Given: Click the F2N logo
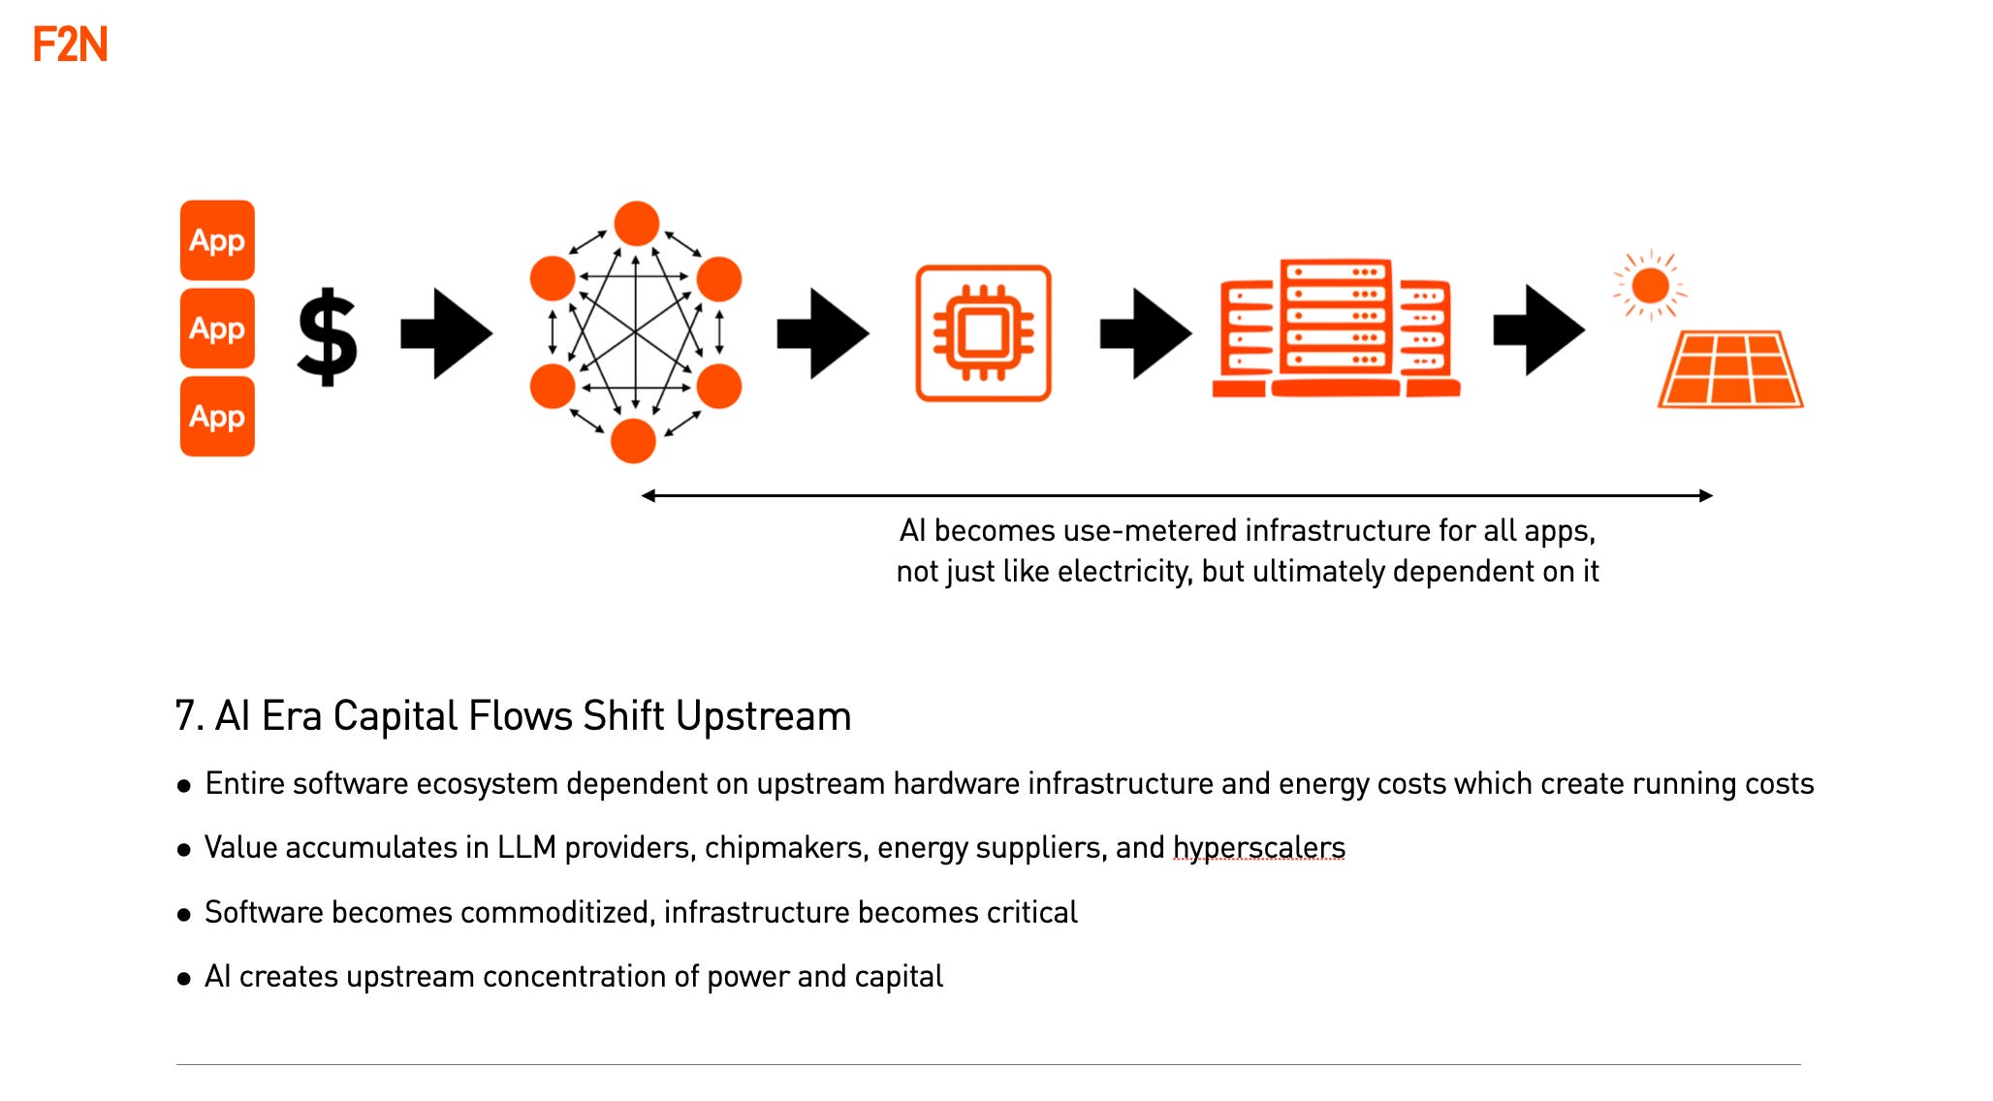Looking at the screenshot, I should [70, 45].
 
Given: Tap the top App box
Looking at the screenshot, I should [217, 240].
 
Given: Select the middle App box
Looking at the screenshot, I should [217, 329].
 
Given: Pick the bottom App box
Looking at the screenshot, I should [217, 417].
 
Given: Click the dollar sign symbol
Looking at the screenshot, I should [327, 335].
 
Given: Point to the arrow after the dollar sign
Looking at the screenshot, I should [447, 333].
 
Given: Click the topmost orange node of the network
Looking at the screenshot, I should [637, 224].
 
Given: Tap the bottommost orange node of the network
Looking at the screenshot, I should [633, 441].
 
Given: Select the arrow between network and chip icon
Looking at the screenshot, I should [823, 333].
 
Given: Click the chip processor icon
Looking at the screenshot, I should [983, 333].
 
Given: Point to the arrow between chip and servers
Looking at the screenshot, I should [1146, 333].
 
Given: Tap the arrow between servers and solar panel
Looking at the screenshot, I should [1539, 330].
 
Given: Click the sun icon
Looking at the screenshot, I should [1650, 286].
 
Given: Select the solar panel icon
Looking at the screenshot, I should [1730, 369].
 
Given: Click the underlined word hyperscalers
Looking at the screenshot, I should [1258, 848].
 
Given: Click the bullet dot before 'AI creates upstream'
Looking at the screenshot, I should [184, 979].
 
